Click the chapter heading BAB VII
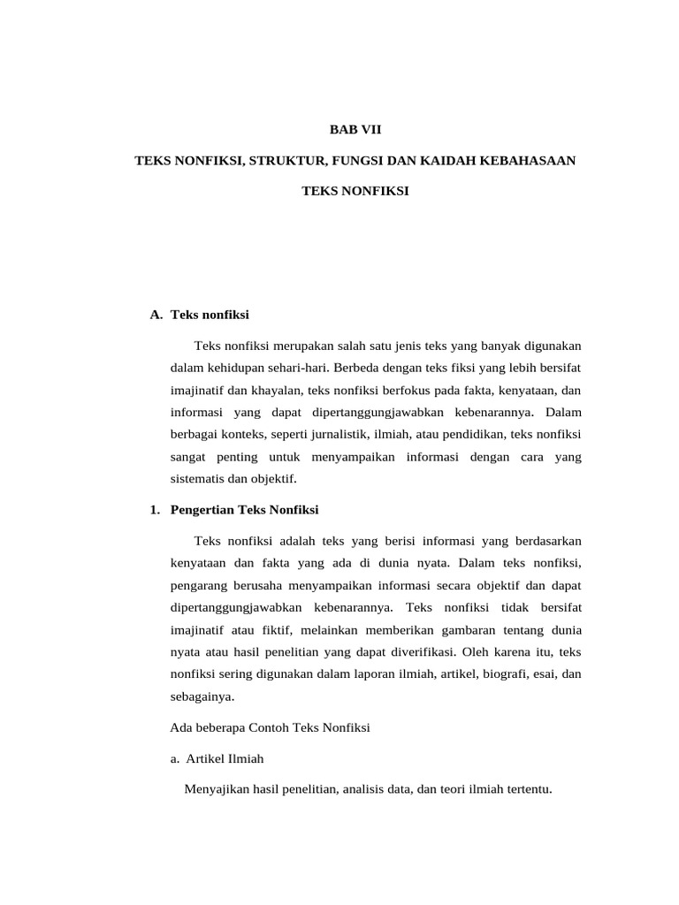tap(355, 129)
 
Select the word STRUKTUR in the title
tap(289, 160)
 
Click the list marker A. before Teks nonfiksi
tap(156, 314)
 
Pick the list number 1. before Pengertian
tap(156, 510)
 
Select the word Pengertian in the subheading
tap(202, 510)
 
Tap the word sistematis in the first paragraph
tap(199, 479)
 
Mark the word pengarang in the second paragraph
tap(199, 586)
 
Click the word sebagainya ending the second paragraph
tap(202, 696)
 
